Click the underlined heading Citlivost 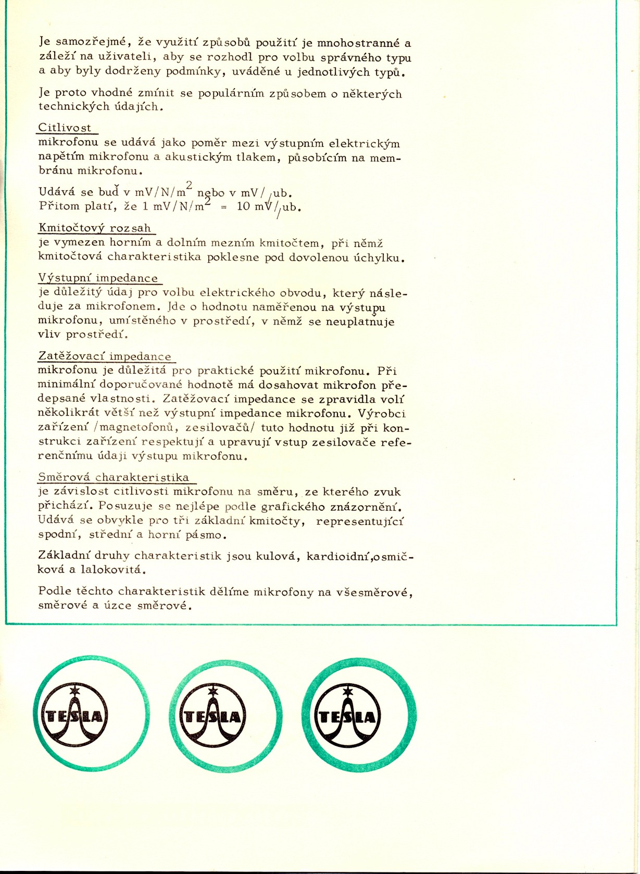click(x=65, y=128)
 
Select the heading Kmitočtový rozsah click(x=95, y=228)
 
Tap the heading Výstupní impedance click(x=98, y=278)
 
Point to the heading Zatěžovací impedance click(x=105, y=356)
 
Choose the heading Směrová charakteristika click(x=114, y=477)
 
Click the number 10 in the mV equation click(x=244, y=206)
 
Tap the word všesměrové click(x=374, y=592)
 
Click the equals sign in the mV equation click(x=224, y=207)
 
